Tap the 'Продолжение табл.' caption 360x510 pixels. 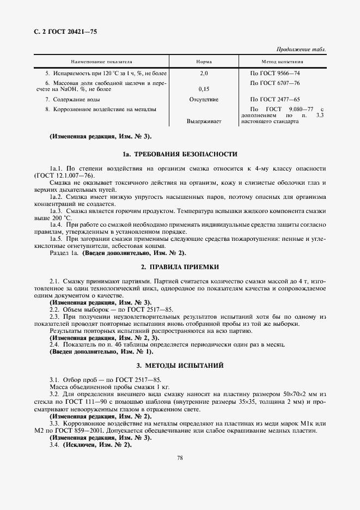click(x=302, y=49)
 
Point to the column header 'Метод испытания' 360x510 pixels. click(x=283, y=62)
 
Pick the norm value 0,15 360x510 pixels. click(x=204, y=88)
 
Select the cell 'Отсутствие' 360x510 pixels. click(x=204, y=100)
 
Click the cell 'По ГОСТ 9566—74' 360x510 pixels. click(x=274, y=73)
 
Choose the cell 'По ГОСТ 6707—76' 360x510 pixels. click(x=274, y=82)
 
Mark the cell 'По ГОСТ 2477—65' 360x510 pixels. click(x=274, y=100)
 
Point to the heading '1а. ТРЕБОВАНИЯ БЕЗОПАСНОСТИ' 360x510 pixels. click(x=180, y=154)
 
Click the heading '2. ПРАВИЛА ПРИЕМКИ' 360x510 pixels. click(x=180, y=267)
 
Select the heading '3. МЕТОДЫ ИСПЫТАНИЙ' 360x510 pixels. click(x=180, y=365)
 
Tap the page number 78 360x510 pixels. click(x=180, y=458)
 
